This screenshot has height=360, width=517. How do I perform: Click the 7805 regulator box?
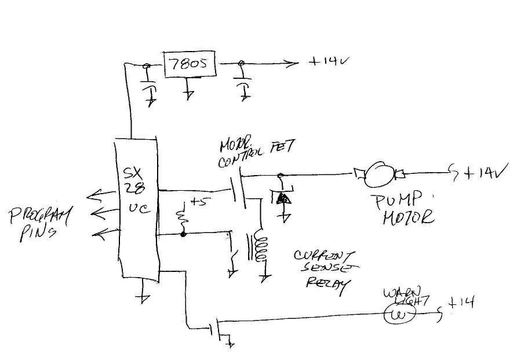click(x=187, y=64)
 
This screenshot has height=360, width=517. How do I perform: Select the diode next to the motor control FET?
click(x=283, y=198)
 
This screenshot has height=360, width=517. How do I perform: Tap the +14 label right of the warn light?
click(x=461, y=302)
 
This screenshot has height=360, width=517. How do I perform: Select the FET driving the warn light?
click(x=219, y=329)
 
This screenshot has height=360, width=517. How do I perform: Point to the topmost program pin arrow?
click(x=98, y=196)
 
